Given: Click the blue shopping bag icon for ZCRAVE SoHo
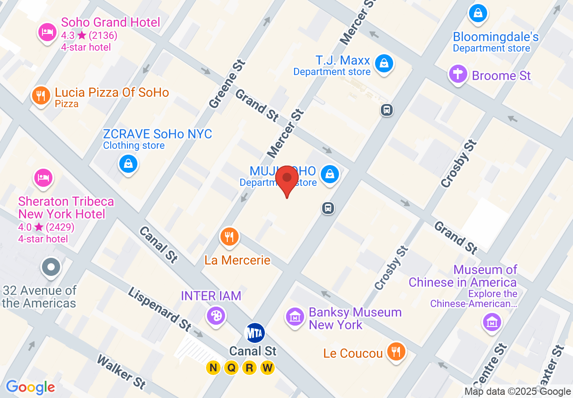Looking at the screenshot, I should pos(128,163).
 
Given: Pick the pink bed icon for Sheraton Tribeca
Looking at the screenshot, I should pos(43,177).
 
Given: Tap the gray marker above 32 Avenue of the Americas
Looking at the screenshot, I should pos(51,266).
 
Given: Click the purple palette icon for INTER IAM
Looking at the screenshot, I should pos(216,315).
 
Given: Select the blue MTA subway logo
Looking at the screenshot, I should pos(254,333).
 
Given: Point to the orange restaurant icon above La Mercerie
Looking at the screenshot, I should pos(230,236).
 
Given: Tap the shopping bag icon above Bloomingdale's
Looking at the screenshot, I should pos(478,13).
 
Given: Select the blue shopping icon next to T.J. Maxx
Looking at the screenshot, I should pos(384,63).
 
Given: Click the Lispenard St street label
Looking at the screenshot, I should pos(160,309).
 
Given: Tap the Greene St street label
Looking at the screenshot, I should pos(227,84).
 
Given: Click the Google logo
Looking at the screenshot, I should pos(30,387).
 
